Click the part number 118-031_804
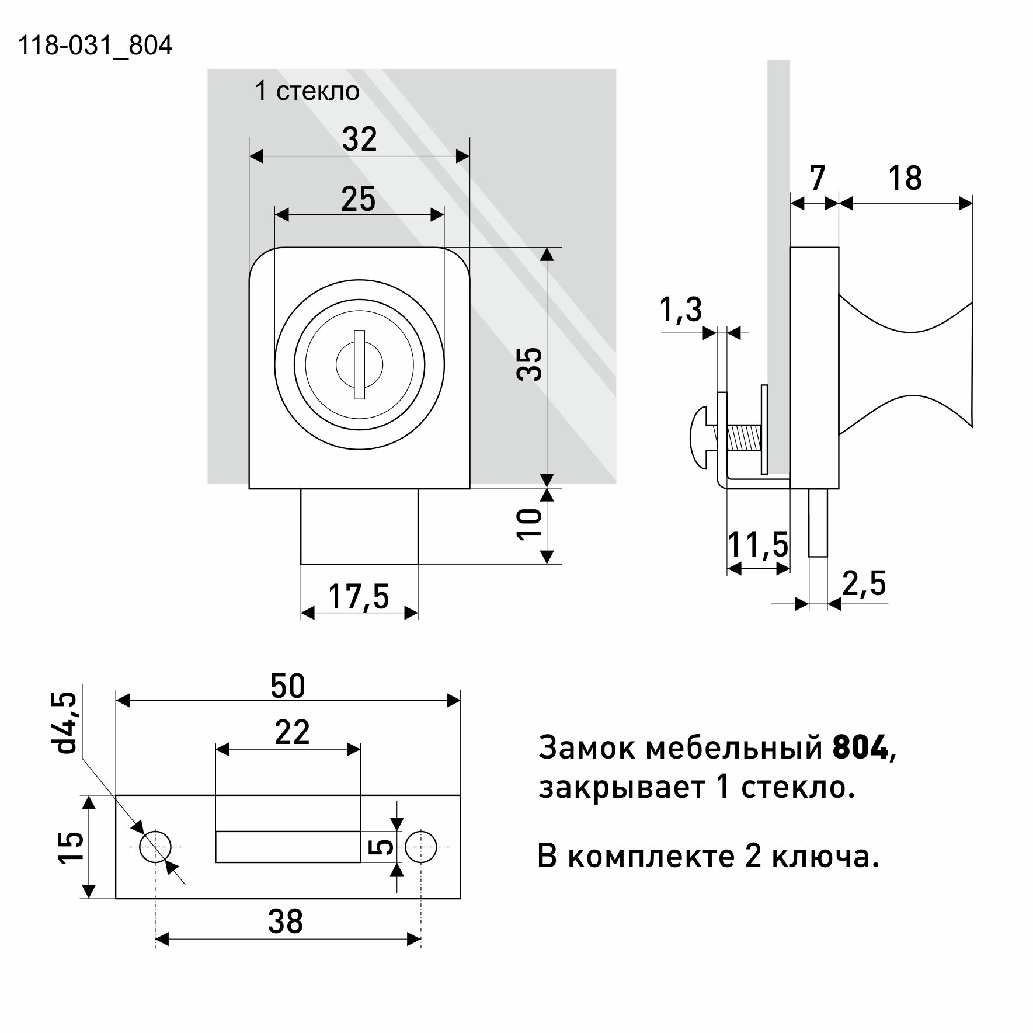pos(95,46)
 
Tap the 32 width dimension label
pos(359,139)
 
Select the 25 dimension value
pos(358,199)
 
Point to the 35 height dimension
pos(530,364)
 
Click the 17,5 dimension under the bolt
pos(359,597)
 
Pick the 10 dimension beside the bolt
pos(530,524)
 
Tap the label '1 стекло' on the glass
pos(307,91)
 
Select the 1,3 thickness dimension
pos(681,309)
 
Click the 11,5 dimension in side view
pos(758,545)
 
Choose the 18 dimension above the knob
pos(905,178)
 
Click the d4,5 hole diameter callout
pos(67,722)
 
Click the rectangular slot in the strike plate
pos(288,847)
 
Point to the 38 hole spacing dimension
pos(286,922)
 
